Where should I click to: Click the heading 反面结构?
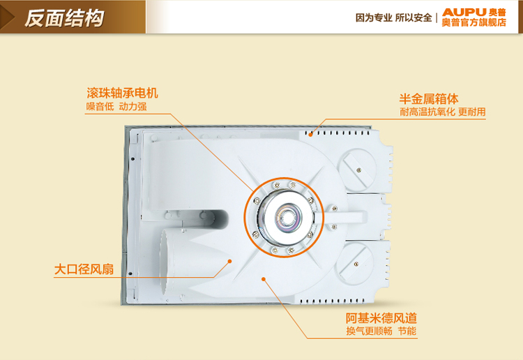pos(64,17)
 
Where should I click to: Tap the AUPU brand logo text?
pos(464,13)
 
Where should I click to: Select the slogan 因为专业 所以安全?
pos(393,17)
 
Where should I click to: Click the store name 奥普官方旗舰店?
pos(474,22)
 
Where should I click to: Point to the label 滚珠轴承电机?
pos(122,93)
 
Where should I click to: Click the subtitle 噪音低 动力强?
pos(116,107)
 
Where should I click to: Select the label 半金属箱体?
pos(429,99)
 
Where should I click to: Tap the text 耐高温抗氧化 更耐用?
pos(443,112)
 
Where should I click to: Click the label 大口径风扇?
pos(84,269)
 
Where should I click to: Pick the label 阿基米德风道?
pos(381,318)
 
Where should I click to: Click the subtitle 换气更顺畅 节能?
pos(381,331)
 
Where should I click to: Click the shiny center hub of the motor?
pos(286,217)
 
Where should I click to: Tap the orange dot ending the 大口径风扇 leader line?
pos(229,261)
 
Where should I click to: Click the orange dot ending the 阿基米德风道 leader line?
pos(264,279)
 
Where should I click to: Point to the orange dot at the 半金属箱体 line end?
pos(310,135)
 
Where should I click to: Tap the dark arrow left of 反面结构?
pos(7,17)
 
